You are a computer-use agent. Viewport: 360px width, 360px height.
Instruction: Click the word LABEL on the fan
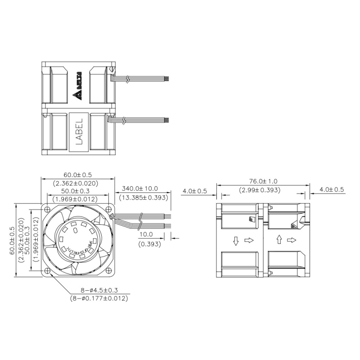click(x=79, y=131)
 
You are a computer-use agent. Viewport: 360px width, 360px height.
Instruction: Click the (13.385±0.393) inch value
click(x=143, y=198)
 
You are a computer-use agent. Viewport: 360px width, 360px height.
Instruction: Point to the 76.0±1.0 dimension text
click(x=264, y=181)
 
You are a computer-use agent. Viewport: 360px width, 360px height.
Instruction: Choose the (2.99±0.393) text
click(x=264, y=189)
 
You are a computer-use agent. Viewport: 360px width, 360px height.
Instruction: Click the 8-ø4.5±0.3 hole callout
click(x=99, y=291)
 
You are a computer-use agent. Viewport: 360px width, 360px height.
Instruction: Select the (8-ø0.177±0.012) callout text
click(x=99, y=298)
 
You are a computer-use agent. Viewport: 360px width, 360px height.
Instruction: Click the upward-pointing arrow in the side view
click(x=279, y=240)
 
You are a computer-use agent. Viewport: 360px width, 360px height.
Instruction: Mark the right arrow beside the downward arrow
click(x=249, y=240)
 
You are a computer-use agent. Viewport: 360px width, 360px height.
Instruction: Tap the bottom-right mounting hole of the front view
click(x=110, y=271)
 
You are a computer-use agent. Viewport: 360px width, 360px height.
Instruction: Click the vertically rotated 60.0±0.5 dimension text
click(x=13, y=240)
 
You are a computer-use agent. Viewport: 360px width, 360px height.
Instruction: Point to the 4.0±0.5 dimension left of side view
click(x=194, y=191)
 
